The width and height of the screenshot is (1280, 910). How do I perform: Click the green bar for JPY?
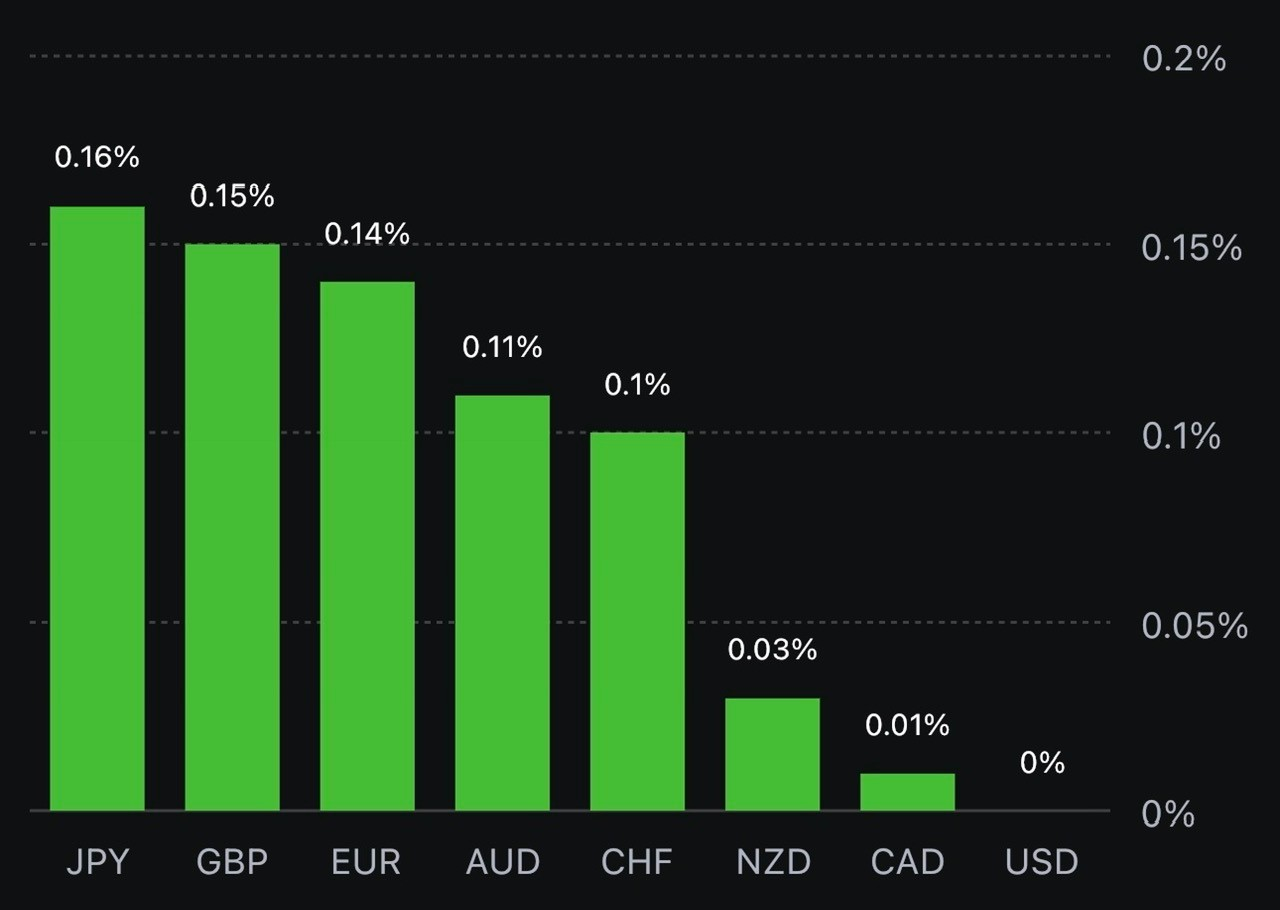(x=97, y=508)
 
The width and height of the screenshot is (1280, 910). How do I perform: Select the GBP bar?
(x=232, y=527)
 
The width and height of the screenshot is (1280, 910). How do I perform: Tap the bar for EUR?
(x=367, y=545)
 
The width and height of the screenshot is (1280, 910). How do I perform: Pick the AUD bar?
(x=502, y=602)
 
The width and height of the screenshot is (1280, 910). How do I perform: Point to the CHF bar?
(x=637, y=621)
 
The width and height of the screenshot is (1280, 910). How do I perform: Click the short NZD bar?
(x=772, y=754)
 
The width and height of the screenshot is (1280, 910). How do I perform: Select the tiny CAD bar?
(x=907, y=791)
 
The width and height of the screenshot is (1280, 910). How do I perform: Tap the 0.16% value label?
(x=97, y=157)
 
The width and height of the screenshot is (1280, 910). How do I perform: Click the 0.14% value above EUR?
(x=367, y=234)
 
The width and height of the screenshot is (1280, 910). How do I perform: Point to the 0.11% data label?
(x=502, y=348)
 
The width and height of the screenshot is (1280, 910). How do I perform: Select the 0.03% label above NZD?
(x=772, y=650)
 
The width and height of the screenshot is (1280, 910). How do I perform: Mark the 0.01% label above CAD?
(x=907, y=725)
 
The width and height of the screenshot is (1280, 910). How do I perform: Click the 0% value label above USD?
(x=1042, y=763)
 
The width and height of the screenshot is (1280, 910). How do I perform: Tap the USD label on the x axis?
(x=1042, y=862)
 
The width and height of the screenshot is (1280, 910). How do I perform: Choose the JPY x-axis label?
(x=97, y=862)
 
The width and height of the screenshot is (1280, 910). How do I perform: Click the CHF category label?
(x=637, y=862)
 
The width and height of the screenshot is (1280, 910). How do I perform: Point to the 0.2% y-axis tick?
(x=1184, y=58)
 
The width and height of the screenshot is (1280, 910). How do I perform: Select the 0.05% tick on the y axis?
(x=1194, y=625)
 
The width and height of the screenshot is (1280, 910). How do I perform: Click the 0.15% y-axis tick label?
(x=1191, y=247)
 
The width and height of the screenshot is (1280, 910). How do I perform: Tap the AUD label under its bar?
(x=502, y=862)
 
